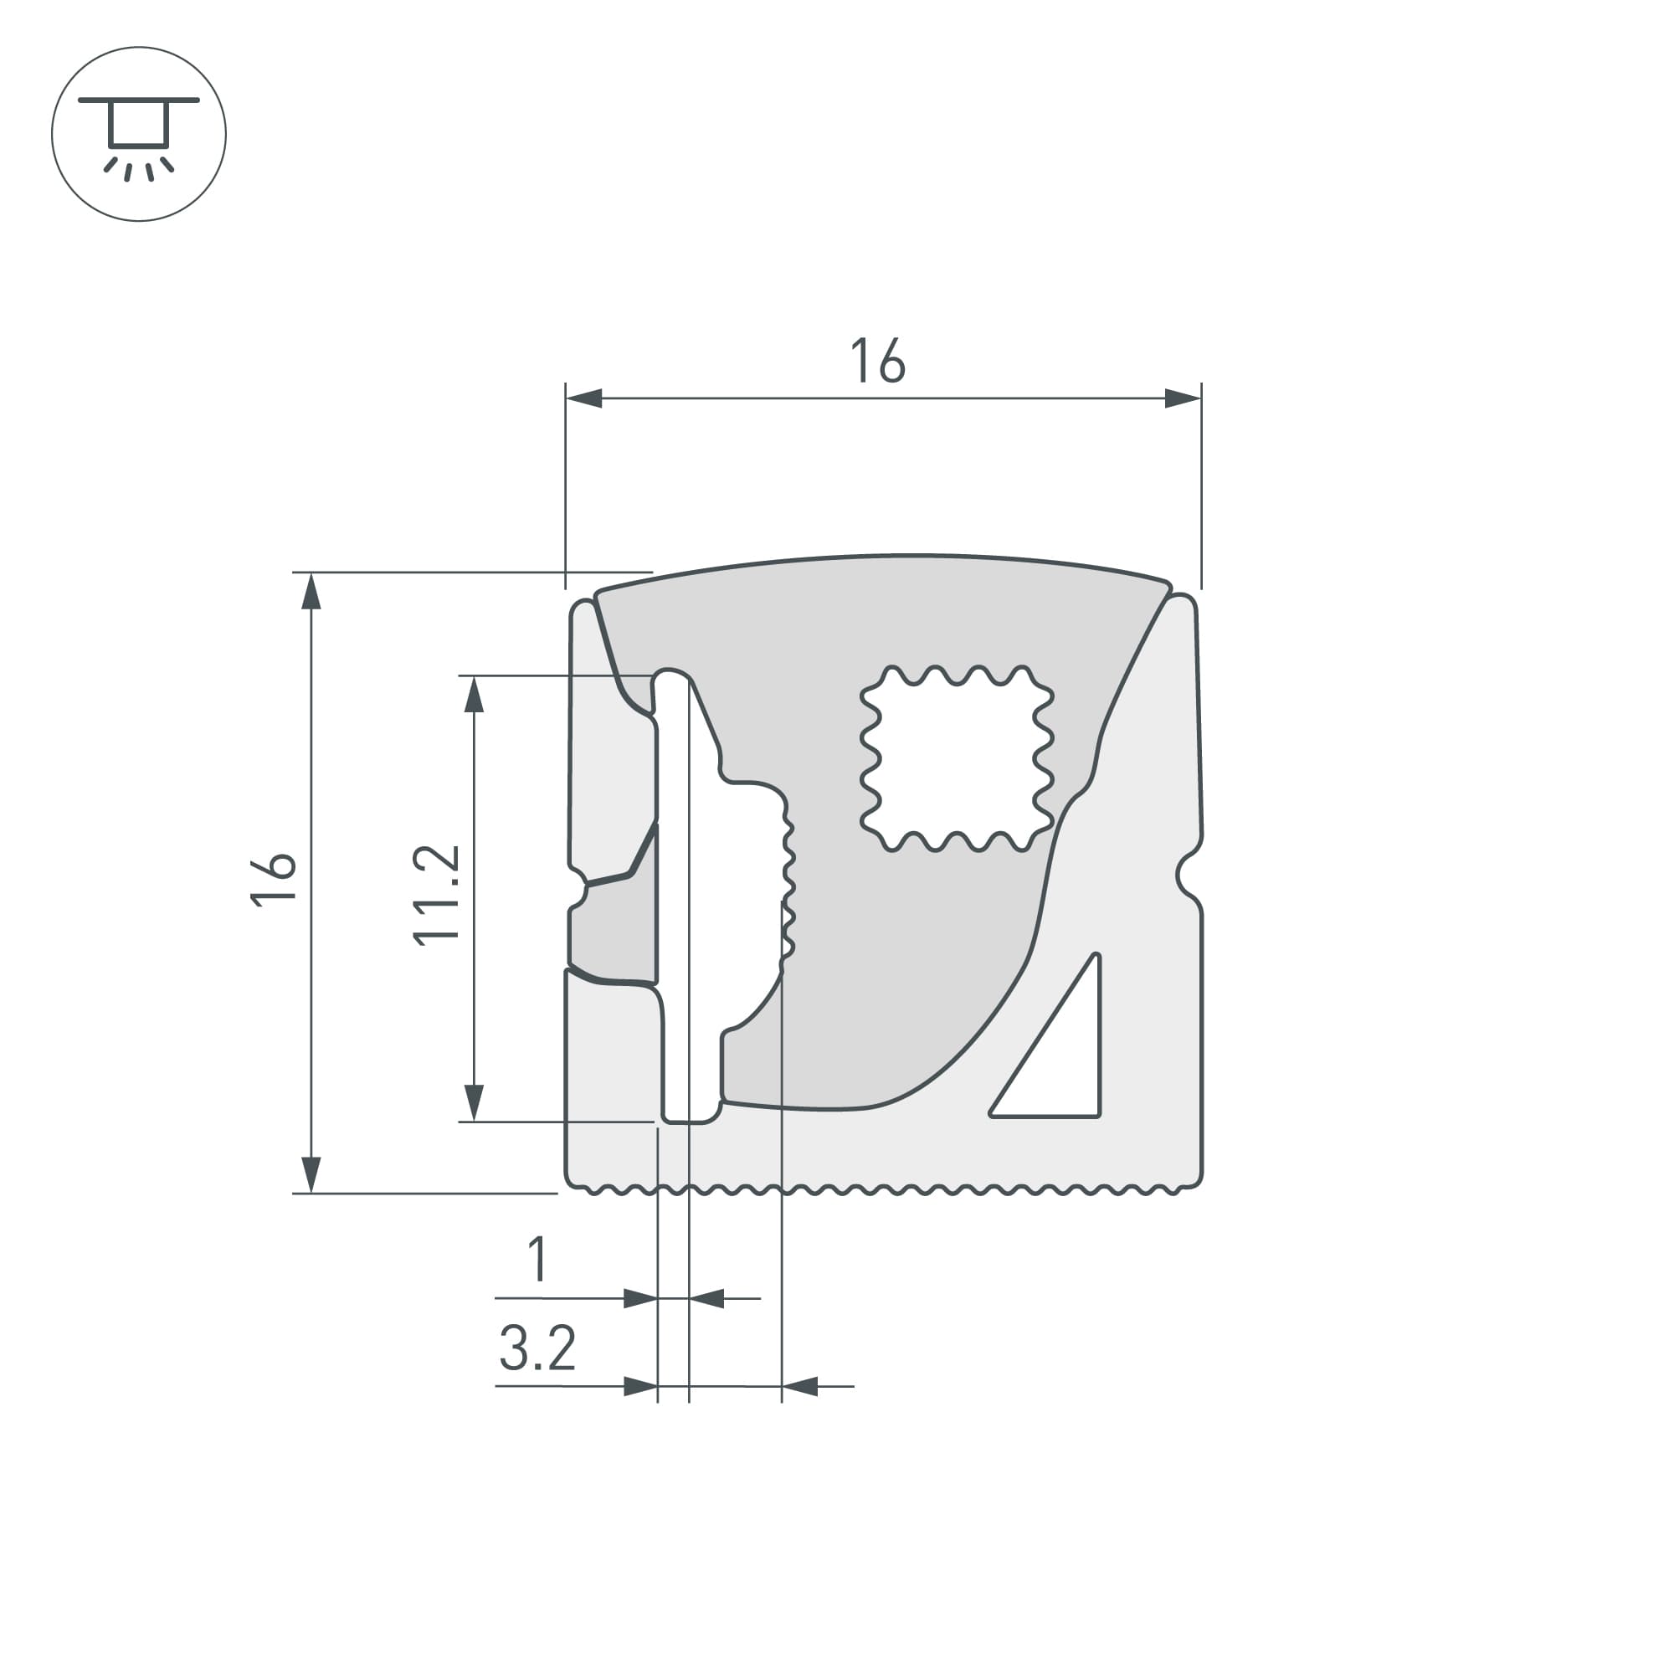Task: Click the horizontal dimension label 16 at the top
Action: [x=877, y=361]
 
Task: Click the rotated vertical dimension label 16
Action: [x=274, y=881]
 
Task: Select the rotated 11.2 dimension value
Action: [x=436, y=895]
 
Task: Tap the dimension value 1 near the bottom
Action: [x=538, y=1260]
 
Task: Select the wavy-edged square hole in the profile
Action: [x=957, y=758]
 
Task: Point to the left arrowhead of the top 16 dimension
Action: [x=584, y=398]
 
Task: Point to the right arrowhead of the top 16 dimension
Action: [x=1183, y=398]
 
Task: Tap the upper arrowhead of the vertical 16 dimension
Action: [x=311, y=592]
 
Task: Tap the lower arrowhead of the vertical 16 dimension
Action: [x=311, y=1175]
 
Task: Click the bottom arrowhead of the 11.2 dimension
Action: [x=473, y=1103]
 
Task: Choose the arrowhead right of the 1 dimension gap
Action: [x=706, y=1299]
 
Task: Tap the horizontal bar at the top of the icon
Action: [x=139, y=100]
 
